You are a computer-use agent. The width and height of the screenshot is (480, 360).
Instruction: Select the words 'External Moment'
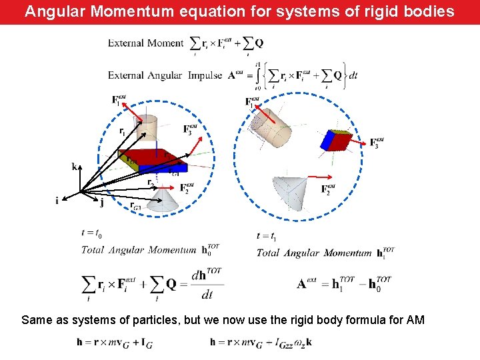(145, 43)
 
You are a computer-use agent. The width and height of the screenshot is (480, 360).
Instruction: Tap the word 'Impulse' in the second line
(205, 75)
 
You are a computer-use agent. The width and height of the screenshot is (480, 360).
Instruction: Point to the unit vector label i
(57, 199)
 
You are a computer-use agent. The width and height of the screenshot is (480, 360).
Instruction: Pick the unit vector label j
(101, 203)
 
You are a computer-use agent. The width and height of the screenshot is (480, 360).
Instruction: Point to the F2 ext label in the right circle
(328, 189)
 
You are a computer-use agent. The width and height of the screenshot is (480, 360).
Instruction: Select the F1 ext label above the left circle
(119, 100)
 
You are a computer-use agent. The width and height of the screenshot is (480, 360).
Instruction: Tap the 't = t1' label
(266, 235)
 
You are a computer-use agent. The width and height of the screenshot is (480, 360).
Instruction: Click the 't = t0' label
(91, 233)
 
